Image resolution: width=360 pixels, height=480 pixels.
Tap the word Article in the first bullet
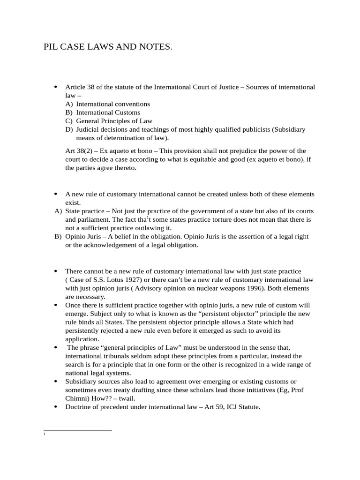[x=75, y=87]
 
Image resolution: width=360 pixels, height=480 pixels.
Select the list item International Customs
[x=108, y=112]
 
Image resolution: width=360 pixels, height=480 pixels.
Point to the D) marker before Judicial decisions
[x=69, y=129]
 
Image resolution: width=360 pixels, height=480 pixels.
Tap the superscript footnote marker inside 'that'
[x=148, y=217]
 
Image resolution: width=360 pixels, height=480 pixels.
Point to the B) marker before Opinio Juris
[x=58, y=237]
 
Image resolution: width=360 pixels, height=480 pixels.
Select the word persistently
[x=86, y=330]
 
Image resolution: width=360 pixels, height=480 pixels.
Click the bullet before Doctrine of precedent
[x=56, y=407]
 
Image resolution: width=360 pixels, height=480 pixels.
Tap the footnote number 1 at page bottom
[x=44, y=435]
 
